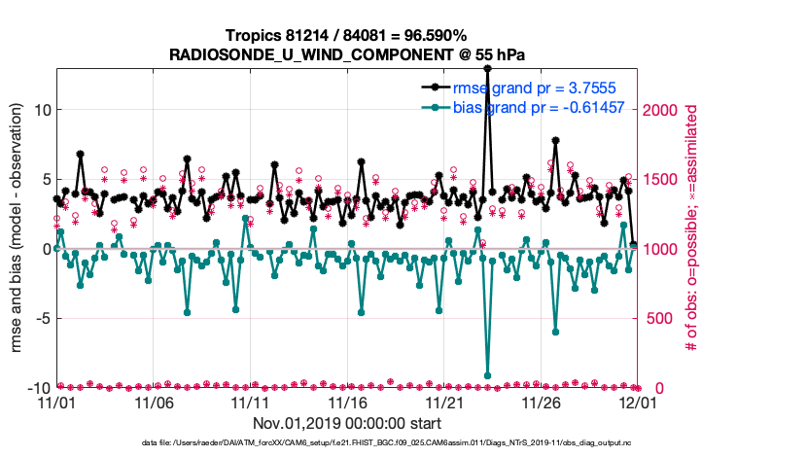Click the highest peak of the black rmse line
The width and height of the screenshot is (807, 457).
pyautogui.click(x=487, y=69)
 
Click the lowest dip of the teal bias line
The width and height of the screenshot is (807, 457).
pyautogui.click(x=487, y=375)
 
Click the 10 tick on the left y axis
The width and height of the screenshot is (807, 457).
pyautogui.click(x=41, y=110)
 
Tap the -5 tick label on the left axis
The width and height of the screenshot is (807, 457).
pyautogui.click(x=41, y=318)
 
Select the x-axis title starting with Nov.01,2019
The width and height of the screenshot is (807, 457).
pyautogui.click(x=347, y=424)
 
